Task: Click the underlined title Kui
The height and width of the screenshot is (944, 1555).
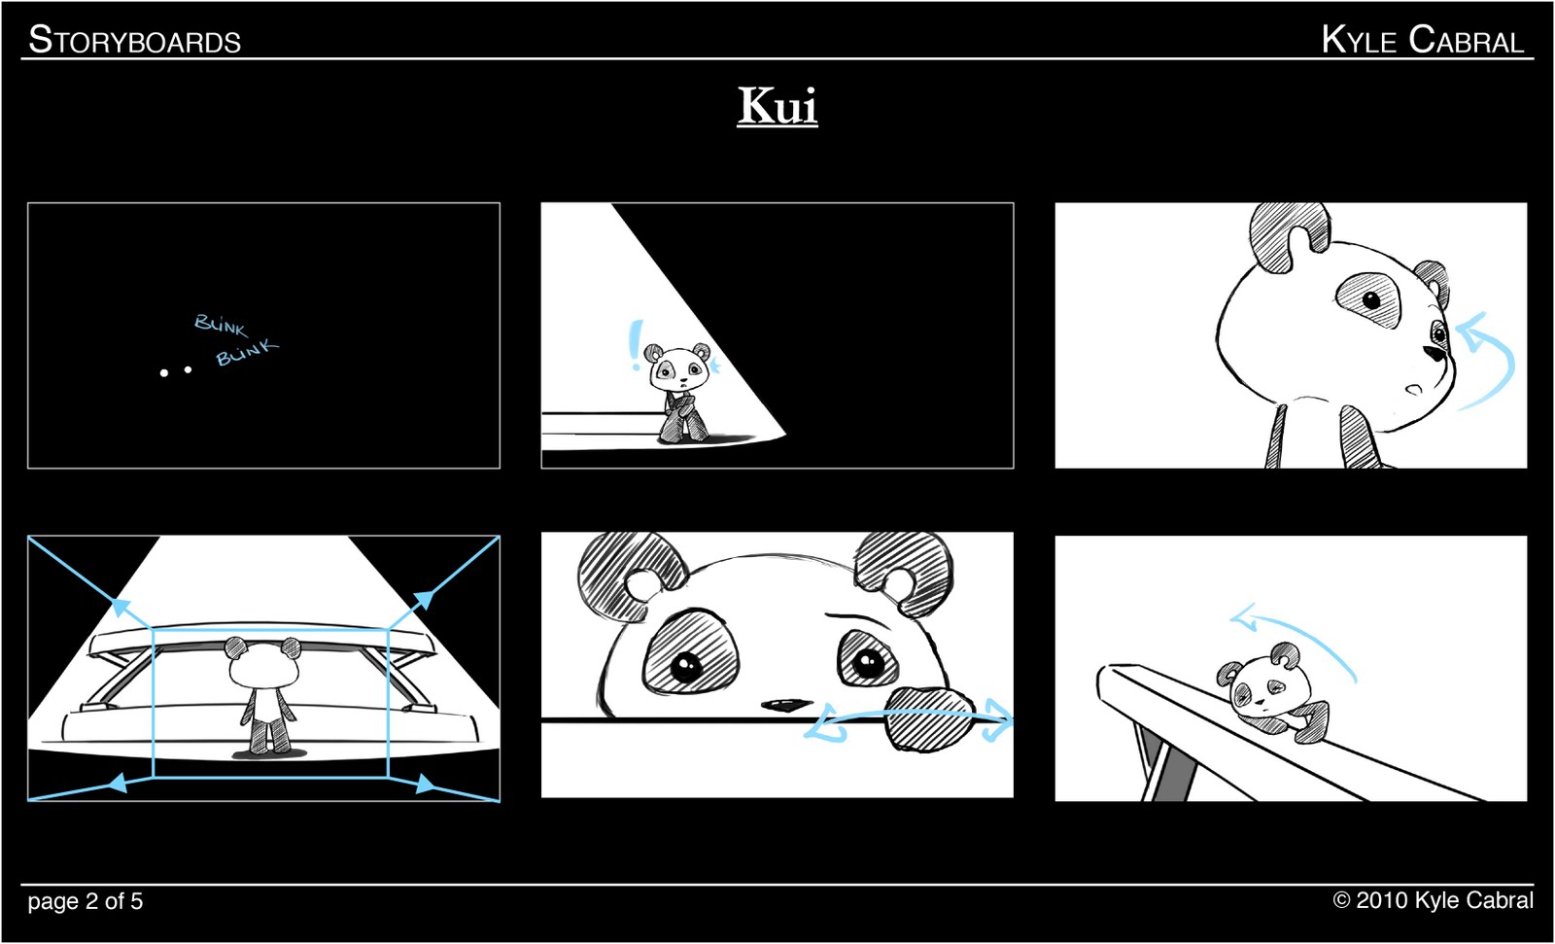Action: click(777, 106)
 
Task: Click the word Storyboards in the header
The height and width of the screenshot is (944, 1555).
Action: click(134, 41)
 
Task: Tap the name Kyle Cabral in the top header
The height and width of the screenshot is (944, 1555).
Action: click(1422, 40)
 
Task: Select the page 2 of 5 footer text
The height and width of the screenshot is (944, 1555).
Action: click(85, 901)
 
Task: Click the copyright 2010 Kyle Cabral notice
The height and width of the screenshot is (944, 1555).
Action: click(1433, 900)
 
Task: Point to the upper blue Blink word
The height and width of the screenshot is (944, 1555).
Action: click(221, 324)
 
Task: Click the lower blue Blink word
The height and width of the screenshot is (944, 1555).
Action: click(246, 352)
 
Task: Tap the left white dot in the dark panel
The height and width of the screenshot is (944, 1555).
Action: click(164, 372)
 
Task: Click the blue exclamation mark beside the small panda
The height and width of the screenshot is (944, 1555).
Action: click(636, 345)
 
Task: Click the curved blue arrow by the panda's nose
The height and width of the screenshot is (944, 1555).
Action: click(1487, 360)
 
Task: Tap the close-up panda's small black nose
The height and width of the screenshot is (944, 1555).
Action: click(784, 704)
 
